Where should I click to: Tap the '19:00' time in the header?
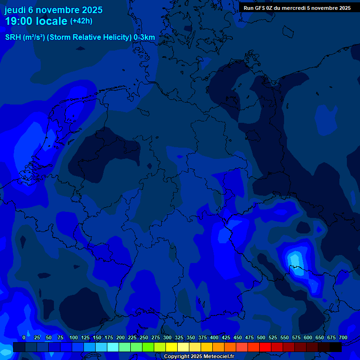point(19,22)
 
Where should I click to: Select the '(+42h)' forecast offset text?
point(81,21)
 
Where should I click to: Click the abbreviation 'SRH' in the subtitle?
point(13,37)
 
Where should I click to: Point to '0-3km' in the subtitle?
point(144,37)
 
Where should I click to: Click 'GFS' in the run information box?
point(259,8)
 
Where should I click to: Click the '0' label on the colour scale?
point(24,337)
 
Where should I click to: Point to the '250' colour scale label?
point(144,337)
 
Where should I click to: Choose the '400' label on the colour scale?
point(214,337)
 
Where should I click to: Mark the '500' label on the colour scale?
point(261,337)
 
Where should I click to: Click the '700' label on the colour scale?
point(343,337)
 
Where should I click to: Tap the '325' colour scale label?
point(179,337)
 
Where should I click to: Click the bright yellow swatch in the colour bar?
point(172,347)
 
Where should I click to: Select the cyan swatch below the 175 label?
point(113,347)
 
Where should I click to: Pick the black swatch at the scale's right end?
point(336,347)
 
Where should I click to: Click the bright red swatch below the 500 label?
point(265,347)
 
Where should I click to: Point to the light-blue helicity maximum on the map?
point(294,259)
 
